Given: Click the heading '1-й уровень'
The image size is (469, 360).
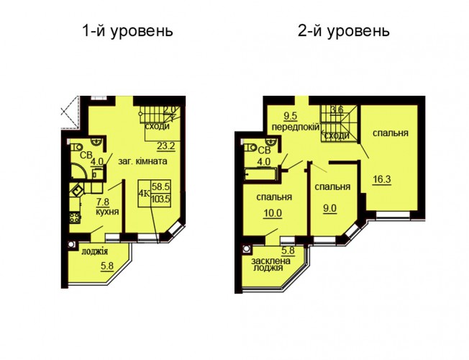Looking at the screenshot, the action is tap(128, 31).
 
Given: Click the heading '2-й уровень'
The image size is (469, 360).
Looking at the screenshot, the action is tap(344, 31).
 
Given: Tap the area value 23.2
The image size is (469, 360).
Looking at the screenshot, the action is tap(165, 146).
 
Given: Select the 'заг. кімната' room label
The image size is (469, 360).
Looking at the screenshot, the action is tap(142, 161).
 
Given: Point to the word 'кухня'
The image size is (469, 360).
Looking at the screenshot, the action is tap(107, 212).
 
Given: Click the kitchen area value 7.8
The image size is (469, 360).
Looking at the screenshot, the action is tap(102, 202).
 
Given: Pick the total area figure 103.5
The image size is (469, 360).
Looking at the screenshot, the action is tap(160, 199).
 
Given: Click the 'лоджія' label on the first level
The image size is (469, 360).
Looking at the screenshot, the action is tap(94, 251).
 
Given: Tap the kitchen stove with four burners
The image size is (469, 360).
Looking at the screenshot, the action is tap(75, 217).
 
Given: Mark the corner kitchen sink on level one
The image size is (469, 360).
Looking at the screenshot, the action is tap(76, 190).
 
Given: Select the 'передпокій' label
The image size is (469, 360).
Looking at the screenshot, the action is tap(296, 127).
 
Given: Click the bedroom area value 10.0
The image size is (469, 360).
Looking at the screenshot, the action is tap(273, 213).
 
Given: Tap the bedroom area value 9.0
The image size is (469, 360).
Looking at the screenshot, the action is tap(329, 208).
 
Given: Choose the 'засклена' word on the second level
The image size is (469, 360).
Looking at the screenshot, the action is tap(271, 261).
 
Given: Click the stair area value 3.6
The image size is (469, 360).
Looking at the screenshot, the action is tap(337, 109).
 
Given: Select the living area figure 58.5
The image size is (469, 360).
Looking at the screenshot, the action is tap(160, 186).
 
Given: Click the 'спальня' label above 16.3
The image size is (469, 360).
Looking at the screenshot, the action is tap(391, 132).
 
